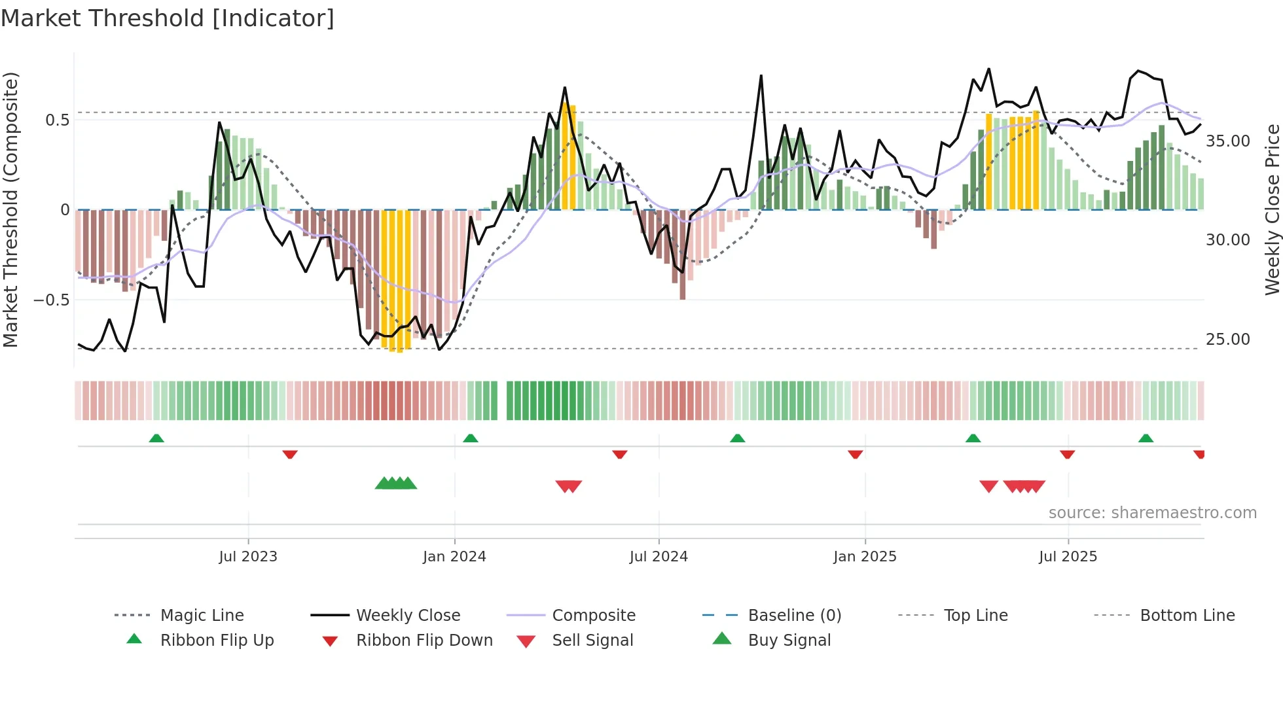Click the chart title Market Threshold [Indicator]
pyautogui.click(x=168, y=18)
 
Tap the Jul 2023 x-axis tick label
pyautogui.click(x=248, y=557)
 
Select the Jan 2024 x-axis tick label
pyautogui.click(x=454, y=557)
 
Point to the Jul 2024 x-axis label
pyautogui.click(x=659, y=557)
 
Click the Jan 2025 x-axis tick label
pyautogui.click(x=865, y=557)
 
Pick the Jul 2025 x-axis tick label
pyautogui.click(x=1068, y=557)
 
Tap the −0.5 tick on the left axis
pyautogui.click(x=51, y=300)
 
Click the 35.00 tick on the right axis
pyautogui.click(x=1227, y=141)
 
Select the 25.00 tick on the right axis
pyautogui.click(x=1227, y=340)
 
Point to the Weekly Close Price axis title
pyautogui.click(x=1272, y=209)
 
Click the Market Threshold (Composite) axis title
pyautogui.click(x=10, y=209)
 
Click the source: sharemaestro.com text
pyautogui.click(x=1152, y=513)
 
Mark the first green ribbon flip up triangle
pyautogui.click(x=156, y=438)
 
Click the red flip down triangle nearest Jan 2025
pyautogui.click(x=855, y=454)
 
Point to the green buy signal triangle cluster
pyautogui.click(x=396, y=484)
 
